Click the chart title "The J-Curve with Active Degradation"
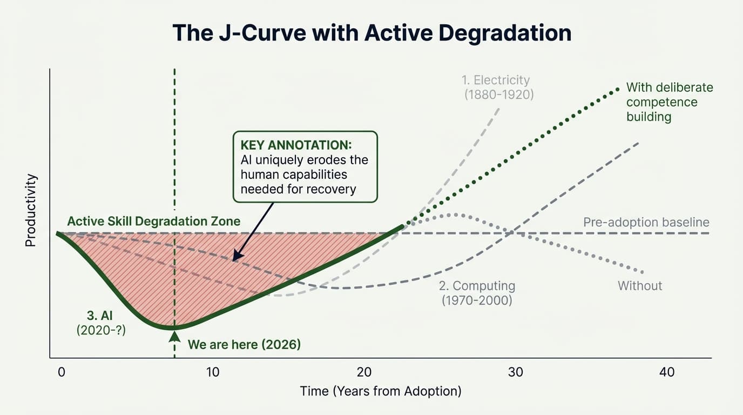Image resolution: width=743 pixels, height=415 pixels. click(371, 34)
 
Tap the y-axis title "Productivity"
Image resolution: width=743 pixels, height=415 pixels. click(30, 211)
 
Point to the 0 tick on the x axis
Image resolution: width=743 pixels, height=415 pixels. click(61, 372)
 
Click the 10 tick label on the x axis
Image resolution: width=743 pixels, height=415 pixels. click(212, 372)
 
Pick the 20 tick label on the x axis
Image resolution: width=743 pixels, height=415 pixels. click(364, 372)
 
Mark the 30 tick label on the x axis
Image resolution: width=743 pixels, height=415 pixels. click(515, 372)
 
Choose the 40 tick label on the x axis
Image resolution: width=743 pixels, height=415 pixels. click(667, 372)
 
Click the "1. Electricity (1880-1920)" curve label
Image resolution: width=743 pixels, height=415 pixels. click(496, 87)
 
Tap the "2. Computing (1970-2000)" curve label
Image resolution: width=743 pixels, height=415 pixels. click(477, 293)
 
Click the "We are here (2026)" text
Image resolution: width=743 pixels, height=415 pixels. click(244, 344)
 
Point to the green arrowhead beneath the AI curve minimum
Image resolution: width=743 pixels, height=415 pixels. click(174, 336)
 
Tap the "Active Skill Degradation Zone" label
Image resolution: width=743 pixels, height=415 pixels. click(154, 222)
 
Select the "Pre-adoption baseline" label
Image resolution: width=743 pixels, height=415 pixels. click(646, 223)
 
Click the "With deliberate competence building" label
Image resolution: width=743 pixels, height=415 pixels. click(668, 102)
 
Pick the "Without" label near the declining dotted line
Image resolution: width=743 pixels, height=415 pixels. click(640, 286)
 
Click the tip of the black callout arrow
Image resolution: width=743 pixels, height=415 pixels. click(233, 261)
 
